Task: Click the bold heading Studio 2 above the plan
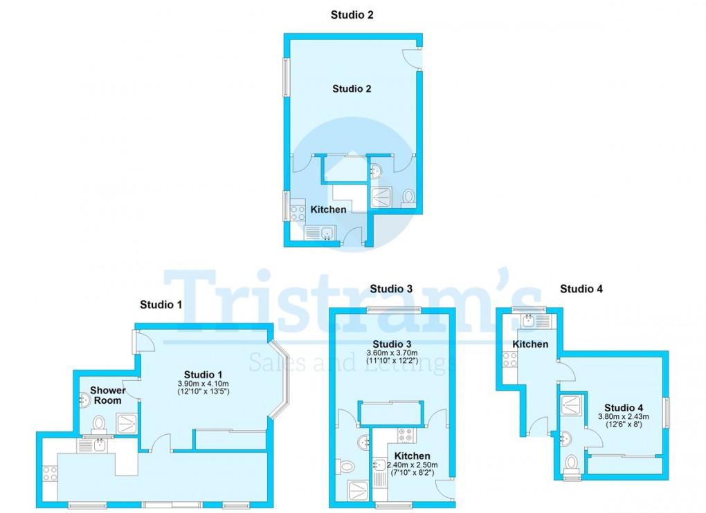352,15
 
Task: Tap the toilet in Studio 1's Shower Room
99,422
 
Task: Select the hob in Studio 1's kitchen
50,474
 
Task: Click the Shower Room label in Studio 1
107,395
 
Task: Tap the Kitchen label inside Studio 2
328,209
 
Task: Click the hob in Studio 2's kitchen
298,210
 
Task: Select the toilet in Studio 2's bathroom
408,197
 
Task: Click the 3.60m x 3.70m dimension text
392,353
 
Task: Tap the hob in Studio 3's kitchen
406,436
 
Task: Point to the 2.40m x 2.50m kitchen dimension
413,465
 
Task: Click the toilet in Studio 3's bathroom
347,467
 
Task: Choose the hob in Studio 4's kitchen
509,359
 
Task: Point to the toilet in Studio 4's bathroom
571,462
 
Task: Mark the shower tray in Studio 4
571,404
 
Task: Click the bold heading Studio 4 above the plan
581,289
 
